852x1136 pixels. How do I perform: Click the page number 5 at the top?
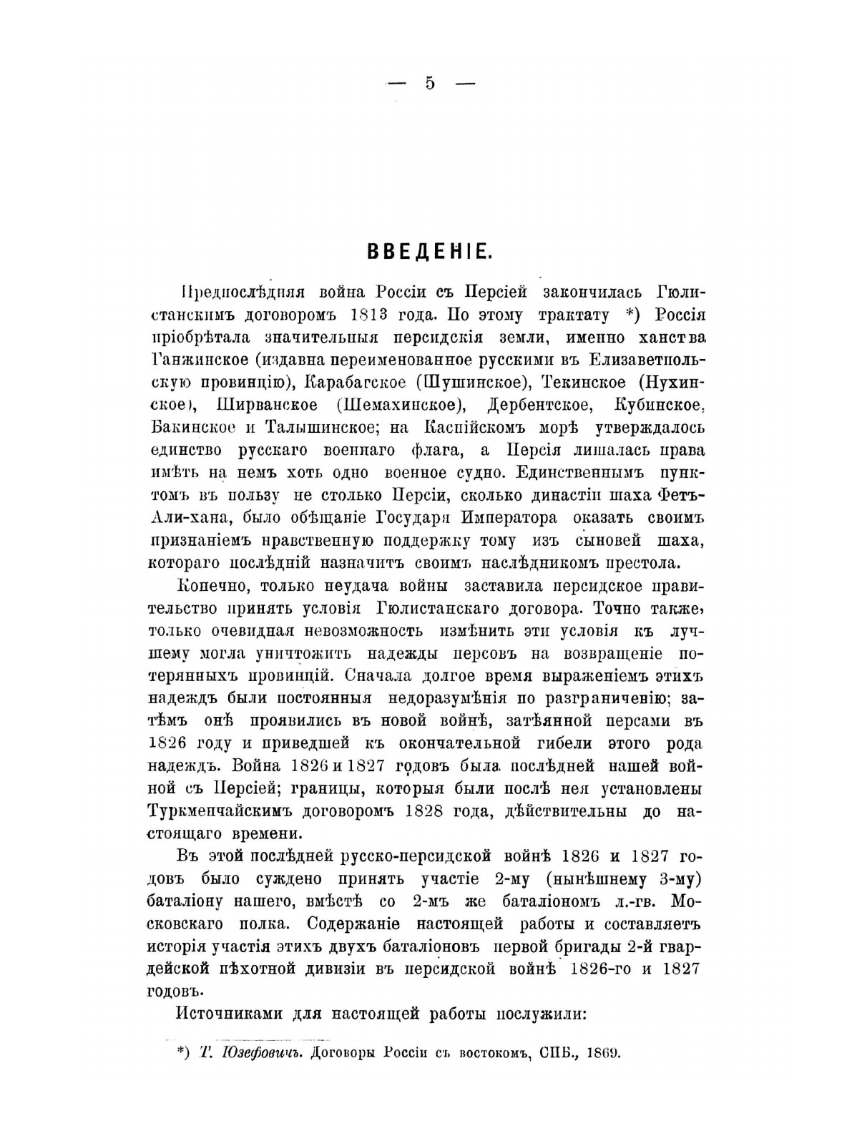[429, 83]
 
